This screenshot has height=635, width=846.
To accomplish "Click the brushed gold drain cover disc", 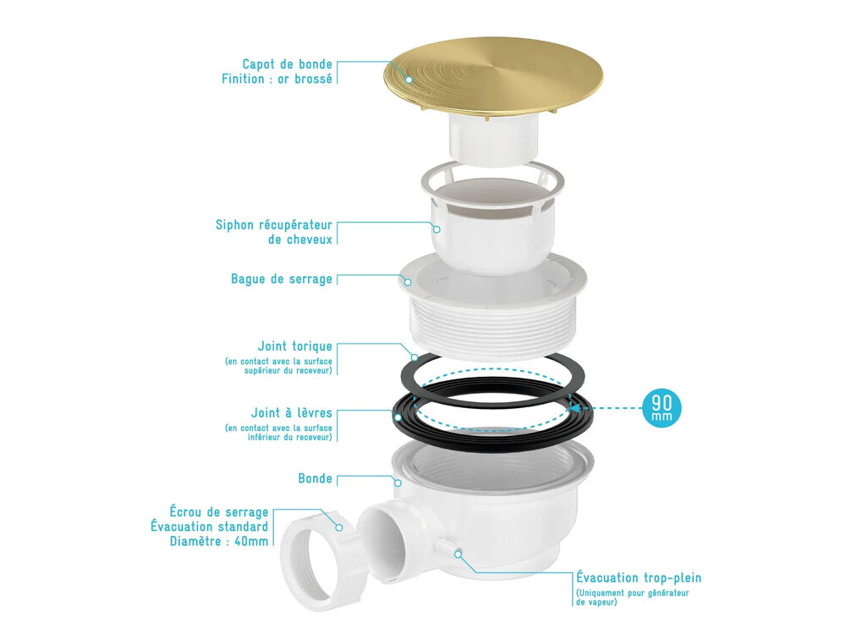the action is point(493,76).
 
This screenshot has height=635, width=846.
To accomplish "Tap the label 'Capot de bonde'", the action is point(287,64).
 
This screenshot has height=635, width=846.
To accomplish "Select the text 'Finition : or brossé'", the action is point(277,79).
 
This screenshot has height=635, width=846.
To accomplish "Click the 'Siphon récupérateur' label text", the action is point(273,224).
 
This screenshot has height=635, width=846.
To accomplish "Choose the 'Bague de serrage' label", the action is point(281,279).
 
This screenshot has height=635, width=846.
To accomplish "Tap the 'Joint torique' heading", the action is point(294,346).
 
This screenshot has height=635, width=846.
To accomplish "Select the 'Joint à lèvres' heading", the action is point(291,413).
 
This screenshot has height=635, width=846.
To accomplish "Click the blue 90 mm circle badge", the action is point(662,408).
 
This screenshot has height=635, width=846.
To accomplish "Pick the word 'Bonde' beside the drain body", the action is point(315,478).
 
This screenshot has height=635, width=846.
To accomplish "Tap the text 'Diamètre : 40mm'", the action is point(219,541).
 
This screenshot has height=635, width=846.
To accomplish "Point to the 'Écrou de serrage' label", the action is point(219,512).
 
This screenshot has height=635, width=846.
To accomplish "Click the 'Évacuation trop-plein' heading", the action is point(639,577).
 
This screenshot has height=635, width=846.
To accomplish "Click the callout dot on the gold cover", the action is point(409,80).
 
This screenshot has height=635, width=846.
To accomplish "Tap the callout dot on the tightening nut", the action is point(339,527).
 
